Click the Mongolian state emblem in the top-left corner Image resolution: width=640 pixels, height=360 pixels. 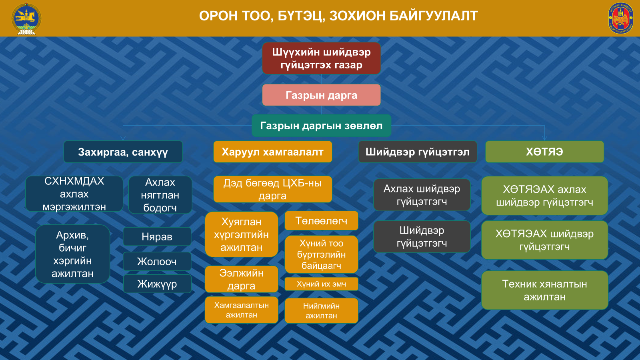pos(26,18)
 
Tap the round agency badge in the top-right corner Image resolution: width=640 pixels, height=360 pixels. pos(620,18)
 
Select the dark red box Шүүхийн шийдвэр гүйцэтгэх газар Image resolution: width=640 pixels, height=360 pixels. pos(322,58)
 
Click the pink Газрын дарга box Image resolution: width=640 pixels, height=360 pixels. pos(322,95)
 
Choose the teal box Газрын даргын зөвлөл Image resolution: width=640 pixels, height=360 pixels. pos(322,126)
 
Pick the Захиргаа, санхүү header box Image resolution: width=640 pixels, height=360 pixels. pos(123,152)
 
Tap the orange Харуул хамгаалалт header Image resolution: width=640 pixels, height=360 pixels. pos(272,152)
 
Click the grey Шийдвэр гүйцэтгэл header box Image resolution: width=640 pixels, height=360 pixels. pos(418,152)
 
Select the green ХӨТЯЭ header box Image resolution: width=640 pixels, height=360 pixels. pos(544,152)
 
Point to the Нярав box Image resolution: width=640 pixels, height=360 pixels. pos(157,236)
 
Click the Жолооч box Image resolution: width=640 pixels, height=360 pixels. pos(157,262)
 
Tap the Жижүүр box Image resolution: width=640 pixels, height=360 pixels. pos(157,284)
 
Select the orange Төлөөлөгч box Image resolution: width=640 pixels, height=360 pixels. pos(322,220)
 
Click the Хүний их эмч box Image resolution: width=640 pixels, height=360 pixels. pos(322,284)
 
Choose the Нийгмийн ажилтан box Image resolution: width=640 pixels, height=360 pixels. pos(322,310)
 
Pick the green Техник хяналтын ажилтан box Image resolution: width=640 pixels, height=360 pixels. pos(544,290)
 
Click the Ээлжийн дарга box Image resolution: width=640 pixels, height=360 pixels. pos(242,279)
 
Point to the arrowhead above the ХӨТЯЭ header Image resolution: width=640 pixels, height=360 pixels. pos(544,138)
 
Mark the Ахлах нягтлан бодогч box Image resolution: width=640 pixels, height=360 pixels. pos(160,195)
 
